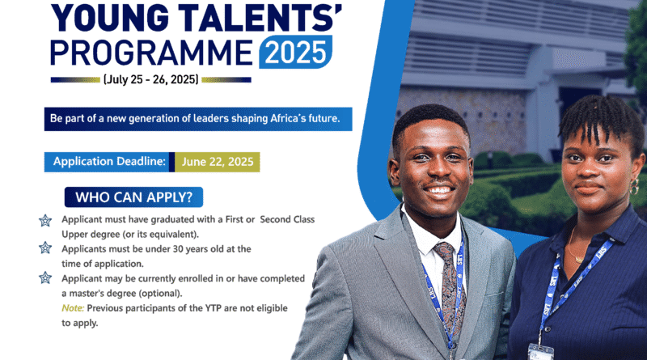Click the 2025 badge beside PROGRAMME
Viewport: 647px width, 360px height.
point(295,52)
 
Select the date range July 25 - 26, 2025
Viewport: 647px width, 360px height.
point(151,79)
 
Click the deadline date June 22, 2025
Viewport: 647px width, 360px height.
point(218,162)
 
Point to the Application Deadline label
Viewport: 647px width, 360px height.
point(109,162)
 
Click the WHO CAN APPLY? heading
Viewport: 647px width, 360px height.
point(133,197)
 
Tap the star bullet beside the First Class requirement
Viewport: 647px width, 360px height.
point(45,221)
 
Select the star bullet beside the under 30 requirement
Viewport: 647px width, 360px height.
point(45,248)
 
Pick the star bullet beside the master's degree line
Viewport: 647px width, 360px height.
point(45,277)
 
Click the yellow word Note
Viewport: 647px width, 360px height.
point(73,308)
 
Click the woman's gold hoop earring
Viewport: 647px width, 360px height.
point(634,186)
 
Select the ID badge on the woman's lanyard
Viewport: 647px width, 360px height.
point(540,352)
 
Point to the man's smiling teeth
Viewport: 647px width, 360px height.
point(438,190)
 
